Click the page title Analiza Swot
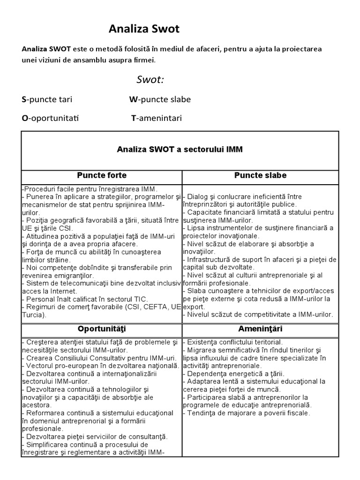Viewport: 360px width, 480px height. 144,30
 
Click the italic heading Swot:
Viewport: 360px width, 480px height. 150,79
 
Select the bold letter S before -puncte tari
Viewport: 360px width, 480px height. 24,99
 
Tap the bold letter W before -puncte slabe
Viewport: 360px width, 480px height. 134,99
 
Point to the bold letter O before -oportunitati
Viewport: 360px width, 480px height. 25,118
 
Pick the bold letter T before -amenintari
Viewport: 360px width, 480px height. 134,118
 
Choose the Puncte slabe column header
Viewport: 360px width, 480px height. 260,176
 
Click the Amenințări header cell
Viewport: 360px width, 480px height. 260,329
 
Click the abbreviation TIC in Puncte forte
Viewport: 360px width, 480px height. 139,299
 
